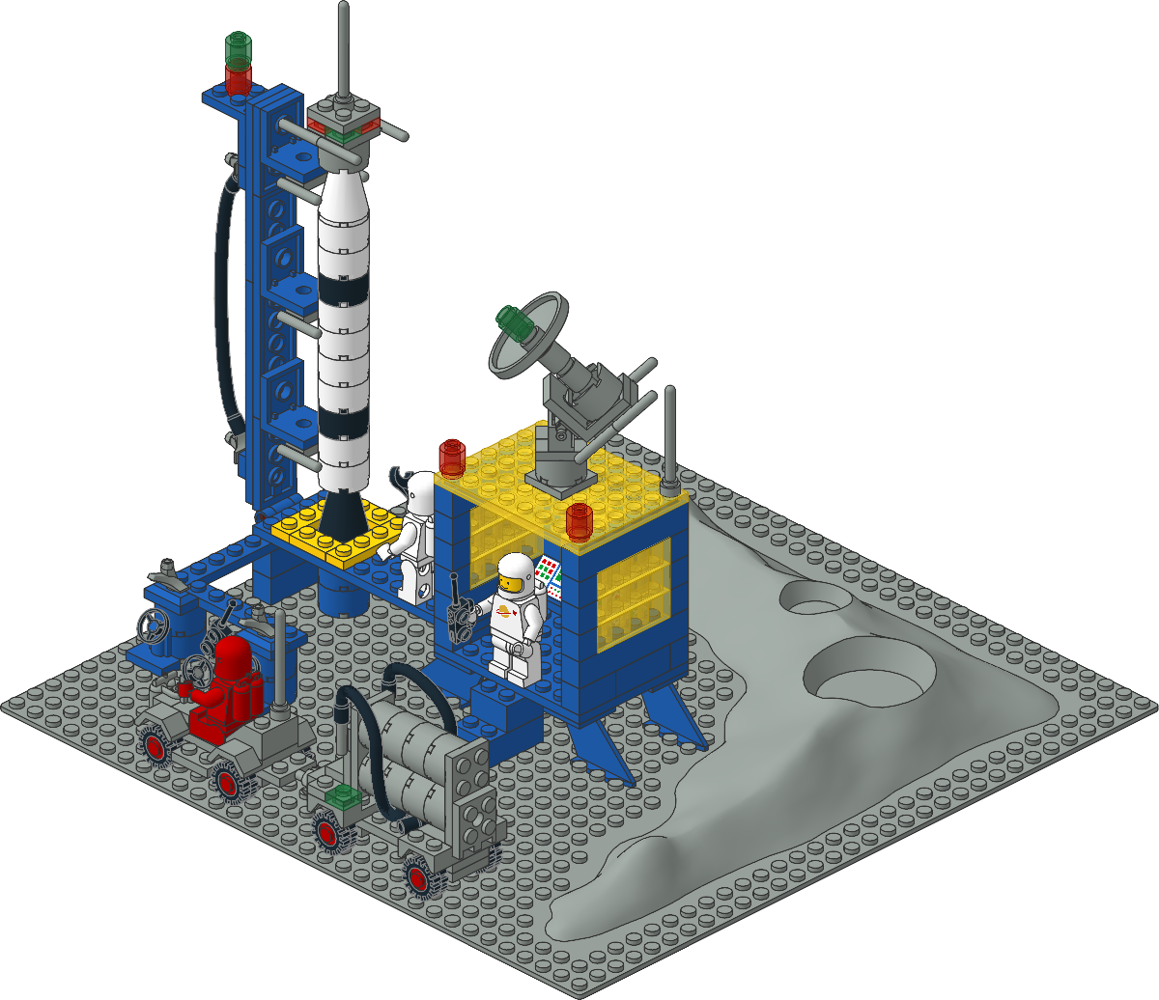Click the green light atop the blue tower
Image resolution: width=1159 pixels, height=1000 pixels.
pyautogui.click(x=239, y=45)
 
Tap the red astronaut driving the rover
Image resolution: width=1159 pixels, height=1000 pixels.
pyautogui.click(x=228, y=679)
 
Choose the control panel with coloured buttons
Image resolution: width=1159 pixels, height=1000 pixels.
pyautogui.click(x=549, y=573)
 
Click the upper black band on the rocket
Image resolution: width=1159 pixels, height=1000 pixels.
pyautogui.click(x=344, y=290)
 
